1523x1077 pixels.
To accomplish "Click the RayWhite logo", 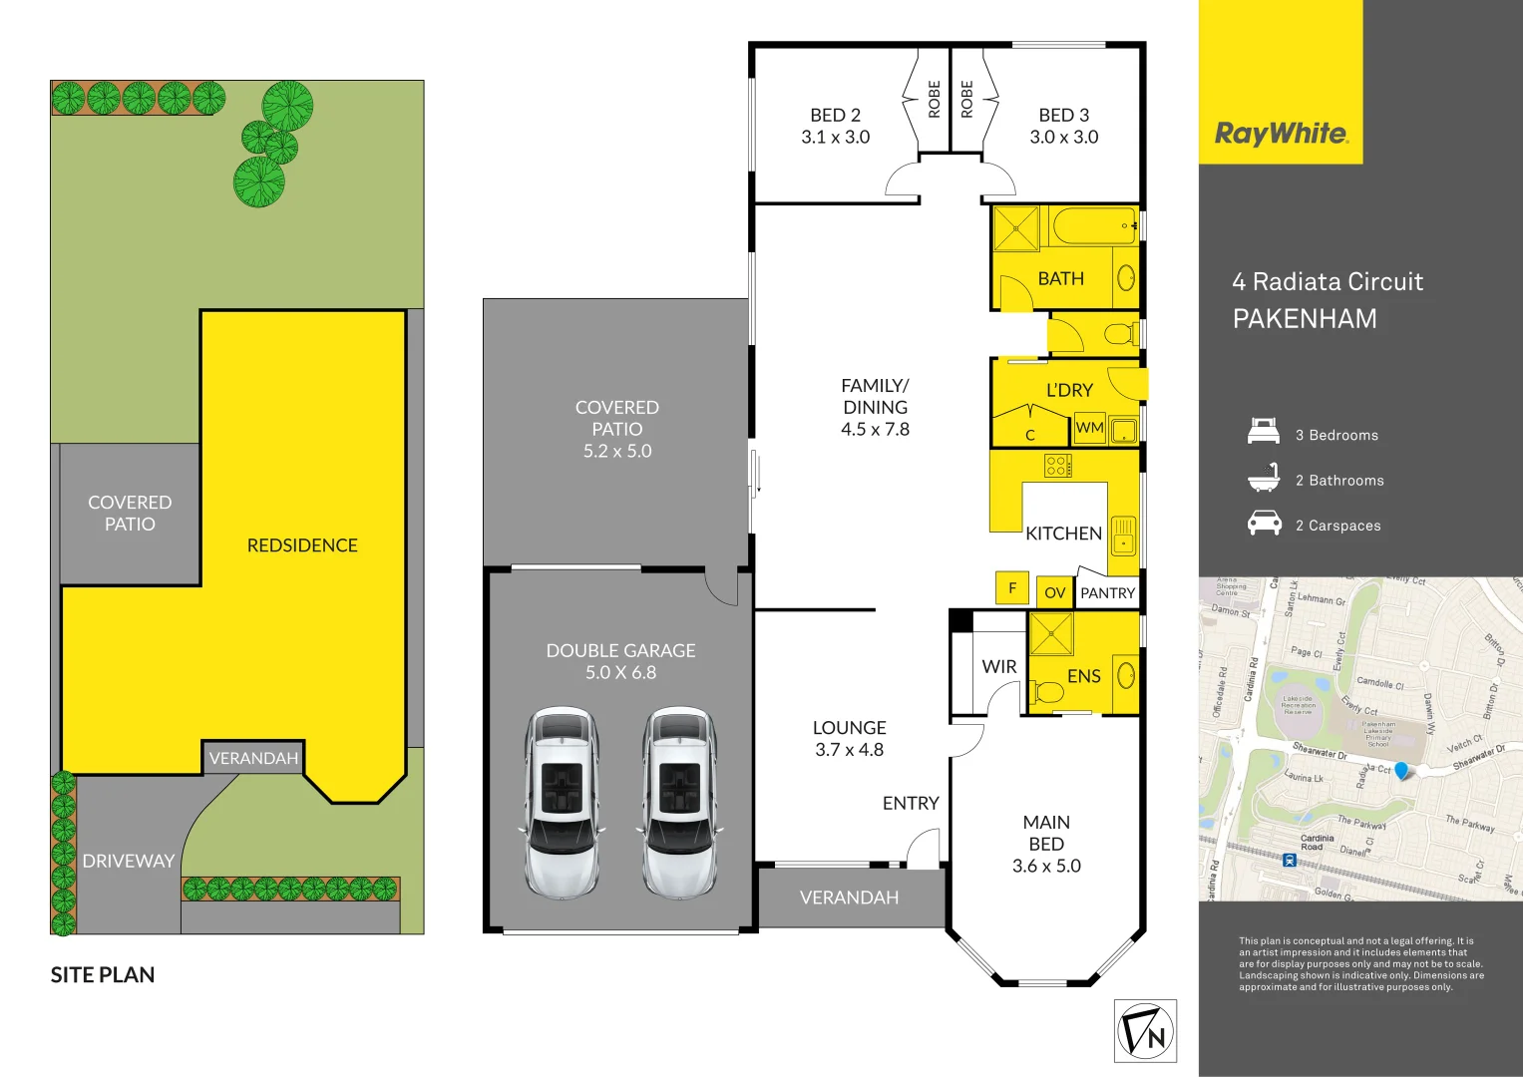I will (x=1281, y=134).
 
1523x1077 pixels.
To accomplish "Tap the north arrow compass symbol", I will (x=1145, y=1031).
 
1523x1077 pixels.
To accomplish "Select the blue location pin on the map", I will (x=1401, y=771).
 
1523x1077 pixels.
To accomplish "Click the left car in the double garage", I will (x=563, y=800).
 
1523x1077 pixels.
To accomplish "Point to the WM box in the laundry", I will (x=1089, y=428).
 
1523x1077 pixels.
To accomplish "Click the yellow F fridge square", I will (x=1012, y=587).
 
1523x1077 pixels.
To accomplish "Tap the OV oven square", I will (x=1054, y=592).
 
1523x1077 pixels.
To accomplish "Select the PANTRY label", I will (x=1107, y=592).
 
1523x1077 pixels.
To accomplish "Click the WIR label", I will (x=998, y=666).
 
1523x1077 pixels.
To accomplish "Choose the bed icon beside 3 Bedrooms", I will (x=1264, y=432).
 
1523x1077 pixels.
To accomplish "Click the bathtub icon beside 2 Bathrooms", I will (x=1264, y=478).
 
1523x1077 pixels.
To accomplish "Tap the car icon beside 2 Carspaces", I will (x=1264, y=523).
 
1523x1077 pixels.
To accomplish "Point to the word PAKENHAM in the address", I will (x=1305, y=319).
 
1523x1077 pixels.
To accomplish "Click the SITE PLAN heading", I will (x=103, y=975).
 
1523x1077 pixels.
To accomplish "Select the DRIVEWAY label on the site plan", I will (x=129, y=861).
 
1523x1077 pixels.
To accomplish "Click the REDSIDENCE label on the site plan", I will (x=302, y=545).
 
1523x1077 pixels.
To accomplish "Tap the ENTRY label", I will (x=911, y=803).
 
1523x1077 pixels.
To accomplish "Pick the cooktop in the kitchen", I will (x=1058, y=465).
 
